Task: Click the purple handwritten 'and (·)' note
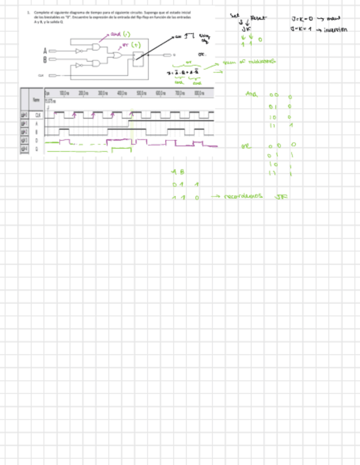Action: coord(119,34)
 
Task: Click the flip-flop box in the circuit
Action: coord(138,57)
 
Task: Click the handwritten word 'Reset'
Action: coord(257,19)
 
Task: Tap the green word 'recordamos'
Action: coord(244,196)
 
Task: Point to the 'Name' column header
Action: coord(36,100)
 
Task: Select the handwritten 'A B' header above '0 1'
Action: coord(178,172)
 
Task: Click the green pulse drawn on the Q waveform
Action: coord(121,149)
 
